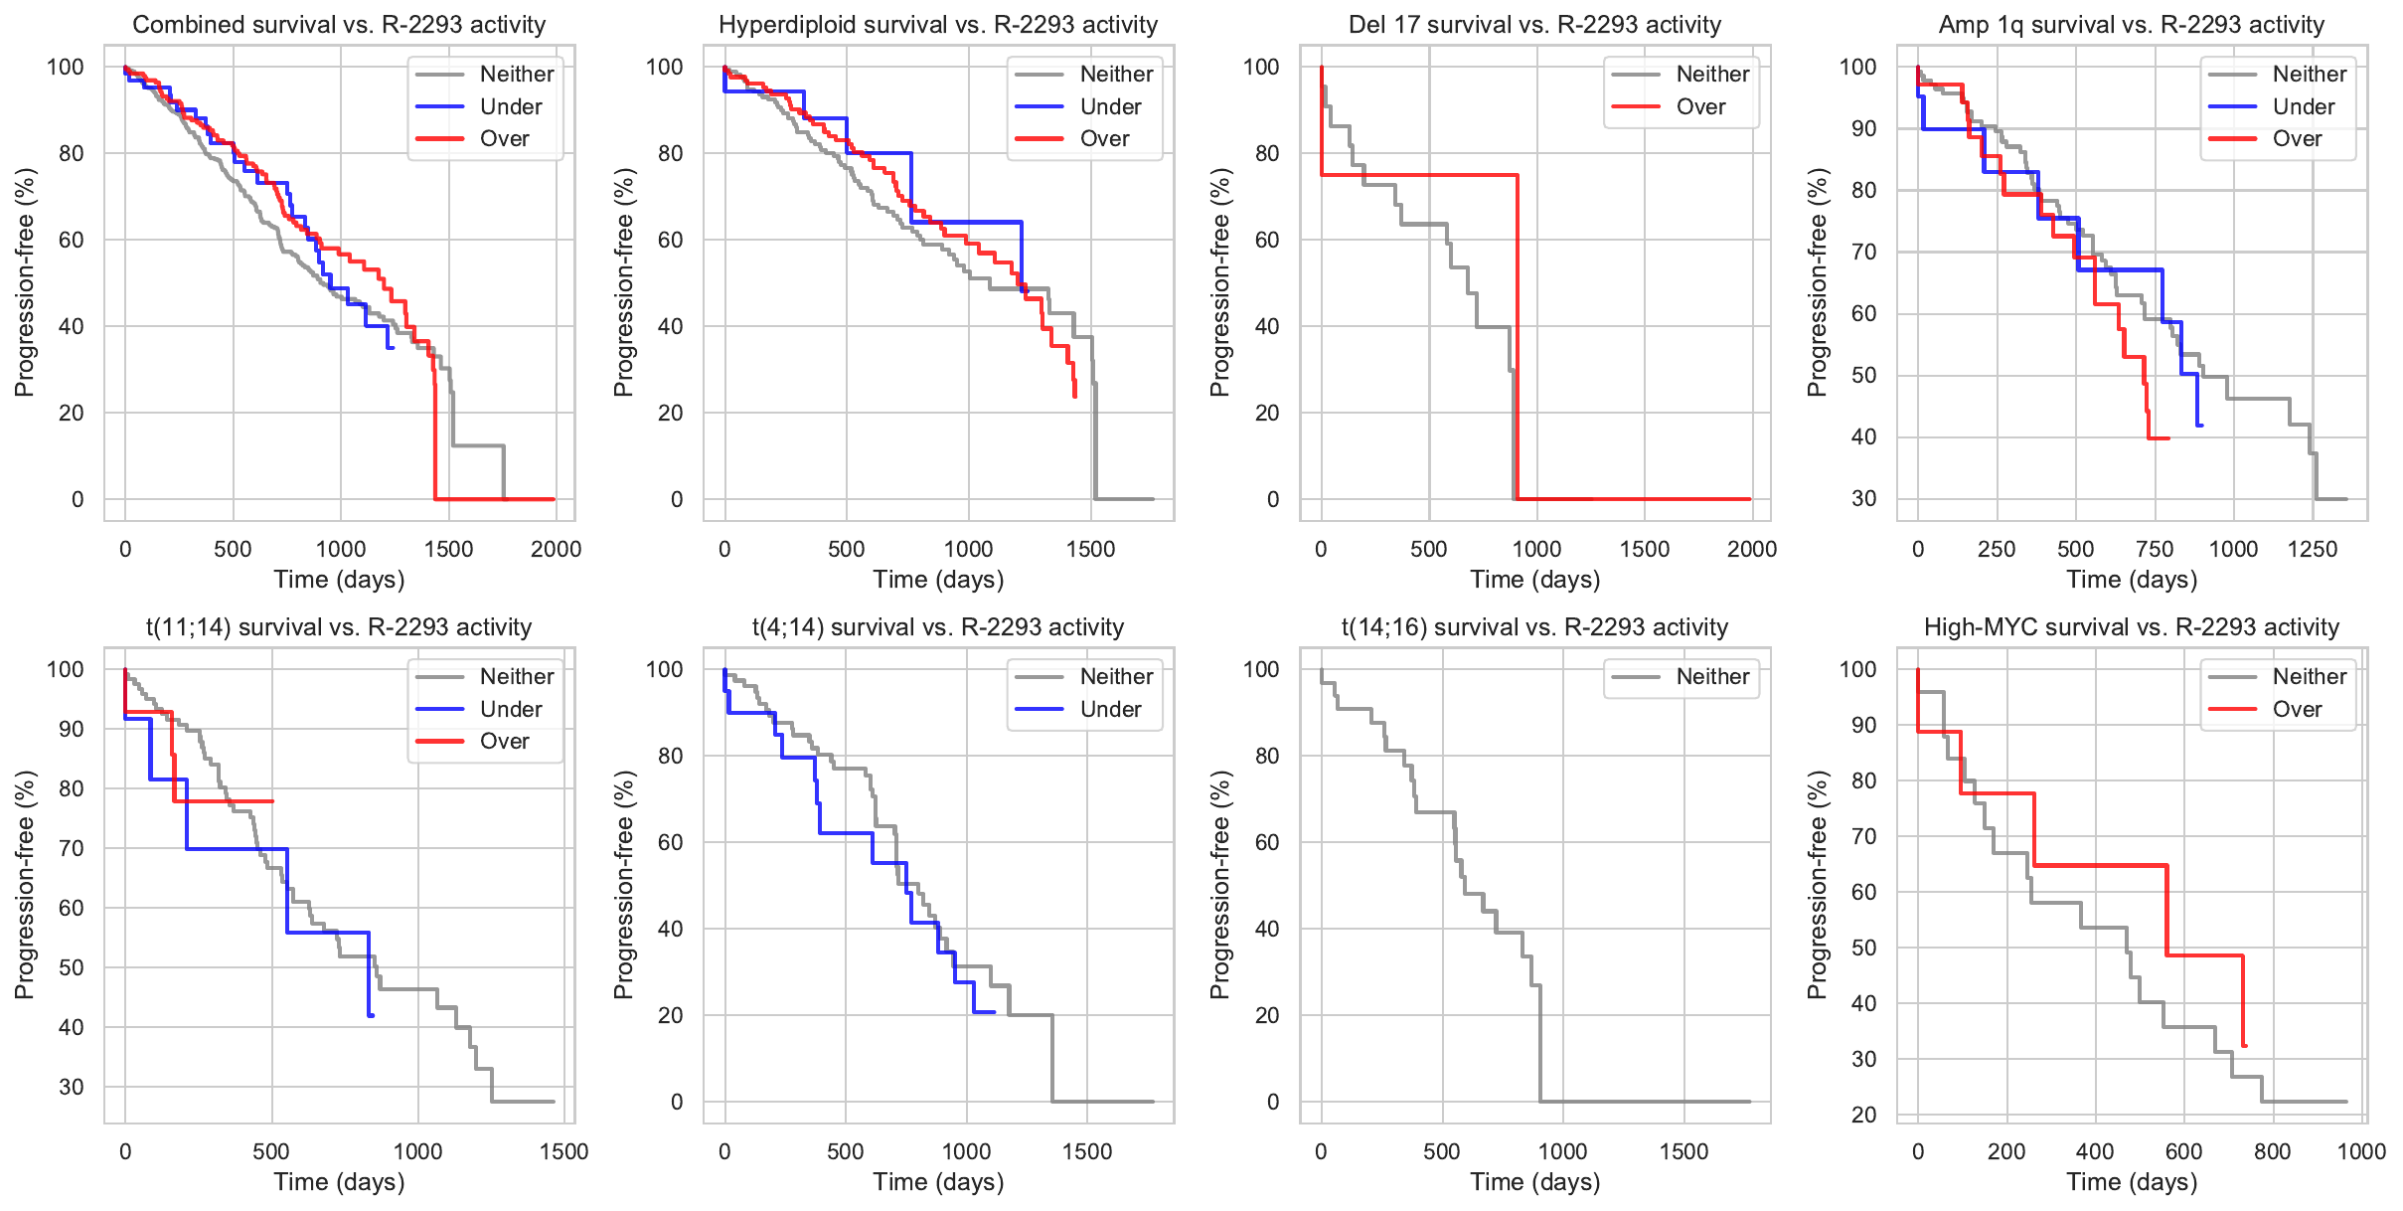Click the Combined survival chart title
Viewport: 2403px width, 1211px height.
click(339, 24)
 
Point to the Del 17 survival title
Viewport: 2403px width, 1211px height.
click(1534, 24)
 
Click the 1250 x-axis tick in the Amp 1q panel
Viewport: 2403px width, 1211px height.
click(2313, 549)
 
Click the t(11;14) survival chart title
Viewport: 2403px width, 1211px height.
click(339, 626)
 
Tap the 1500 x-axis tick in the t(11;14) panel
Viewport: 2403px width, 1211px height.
click(563, 1151)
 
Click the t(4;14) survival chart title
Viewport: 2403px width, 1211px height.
click(938, 626)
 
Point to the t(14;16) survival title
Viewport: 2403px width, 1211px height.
click(1534, 626)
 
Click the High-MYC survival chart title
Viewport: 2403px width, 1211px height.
click(2132, 626)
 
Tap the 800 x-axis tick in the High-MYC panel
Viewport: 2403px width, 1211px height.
click(2273, 1151)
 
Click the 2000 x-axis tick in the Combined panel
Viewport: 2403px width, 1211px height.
click(556, 549)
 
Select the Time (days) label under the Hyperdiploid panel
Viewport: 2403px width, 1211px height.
click(938, 580)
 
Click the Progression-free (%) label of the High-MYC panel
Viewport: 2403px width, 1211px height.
click(1817, 885)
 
